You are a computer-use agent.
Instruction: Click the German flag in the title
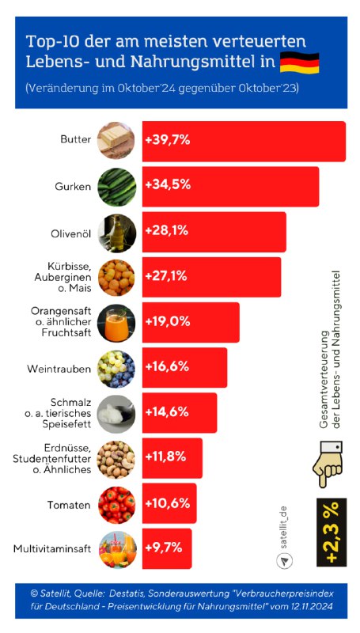(x=300, y=61)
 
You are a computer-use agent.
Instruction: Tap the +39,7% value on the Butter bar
(x=167, y=142)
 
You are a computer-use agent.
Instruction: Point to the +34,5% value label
(x=167, y=187)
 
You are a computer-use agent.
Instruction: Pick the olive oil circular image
(x=116, y=233)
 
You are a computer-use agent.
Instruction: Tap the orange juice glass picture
(x=116, y=323)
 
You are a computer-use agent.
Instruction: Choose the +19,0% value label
(x=167, y=322)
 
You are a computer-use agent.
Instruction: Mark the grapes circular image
(x=116, y=368)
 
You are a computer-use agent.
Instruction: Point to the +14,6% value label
(x=167, y=412)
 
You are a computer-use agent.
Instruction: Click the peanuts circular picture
(x=116, y=458)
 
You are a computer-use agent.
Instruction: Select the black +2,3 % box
(x=331, y=533)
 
